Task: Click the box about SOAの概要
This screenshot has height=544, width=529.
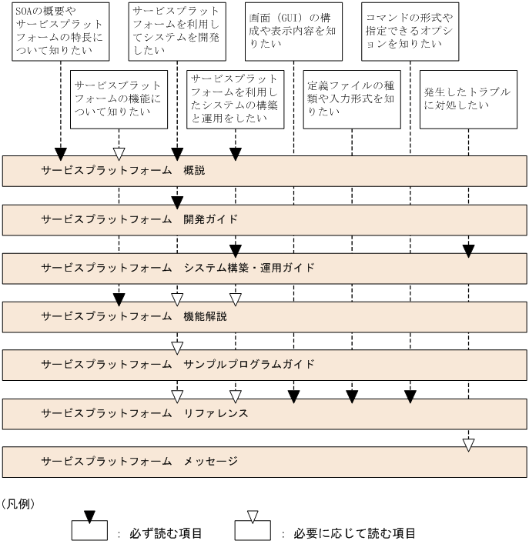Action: pyautogui.click(x=60, y=32)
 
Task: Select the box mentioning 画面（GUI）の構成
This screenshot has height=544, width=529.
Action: pyautogui.click(x=293, y=32)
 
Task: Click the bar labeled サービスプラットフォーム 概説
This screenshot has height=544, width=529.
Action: pyautogui.click(x=264, y=170)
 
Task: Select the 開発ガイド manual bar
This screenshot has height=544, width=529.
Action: pyautogui.click(x=264, y=219)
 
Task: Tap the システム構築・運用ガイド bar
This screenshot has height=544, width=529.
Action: pyautogui.click(x=264, y=267)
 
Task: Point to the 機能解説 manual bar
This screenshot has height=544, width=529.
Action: pyautogui.click(x=264, y=315)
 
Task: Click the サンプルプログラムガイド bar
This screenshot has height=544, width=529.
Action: pyautogui.click(x=264, y=364)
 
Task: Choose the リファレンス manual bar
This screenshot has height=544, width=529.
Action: pyautogui.click(x=264, y=412)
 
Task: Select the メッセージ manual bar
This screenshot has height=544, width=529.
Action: pyautogui.click(x=264, y=461)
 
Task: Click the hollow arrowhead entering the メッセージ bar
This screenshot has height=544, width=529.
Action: pyautogui.click(x=468, y=444)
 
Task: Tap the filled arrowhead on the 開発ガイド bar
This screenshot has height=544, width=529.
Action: pyautogui.click(x=177, y=202)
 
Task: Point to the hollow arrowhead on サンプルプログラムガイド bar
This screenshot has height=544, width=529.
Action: pyautogui.click(x=177, y=348)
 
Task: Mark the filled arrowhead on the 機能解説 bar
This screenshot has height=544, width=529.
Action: pyautogui.click(x=119, y=299)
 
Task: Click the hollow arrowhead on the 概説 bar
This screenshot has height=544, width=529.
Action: pyautogui.click(x=119, y=153)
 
